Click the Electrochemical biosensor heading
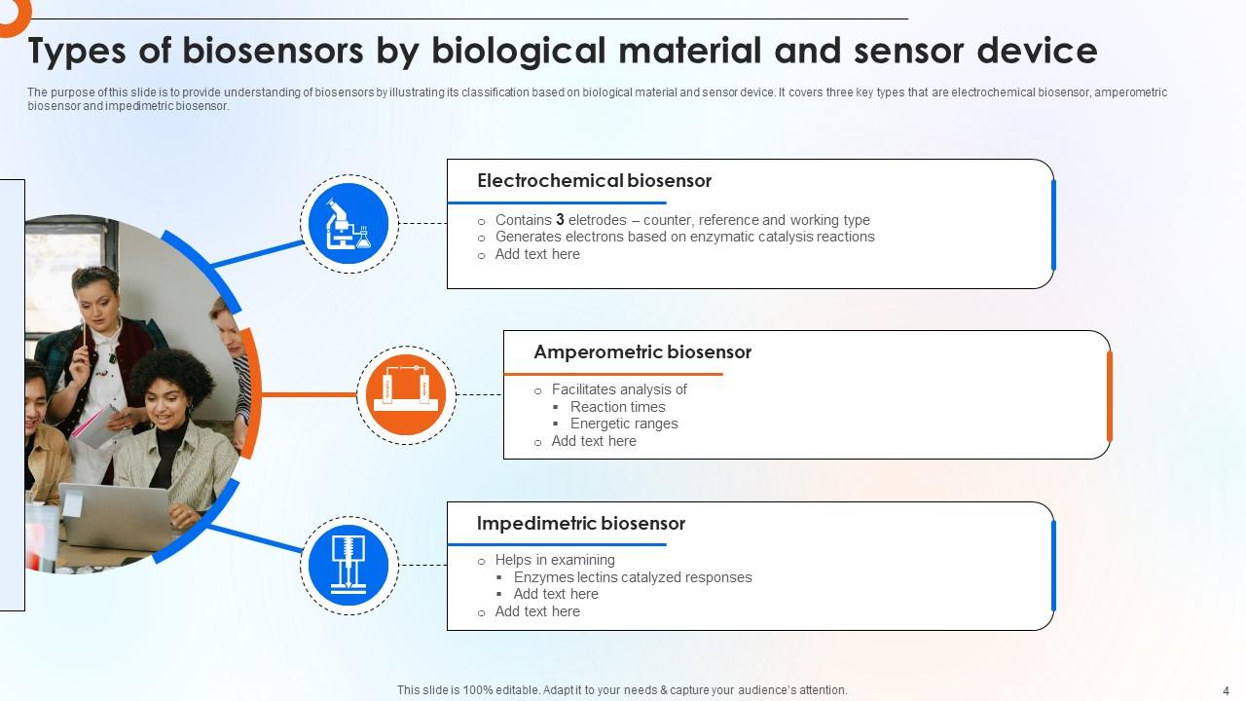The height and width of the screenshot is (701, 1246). point(594,181)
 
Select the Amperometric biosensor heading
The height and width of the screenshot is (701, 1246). point(642,352)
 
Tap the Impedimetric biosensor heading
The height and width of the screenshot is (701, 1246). point(581,524)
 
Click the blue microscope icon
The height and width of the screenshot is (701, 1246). point(348,223)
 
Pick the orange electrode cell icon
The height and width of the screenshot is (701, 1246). point(405,394)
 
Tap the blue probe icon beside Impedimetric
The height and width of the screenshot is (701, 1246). point(348,565)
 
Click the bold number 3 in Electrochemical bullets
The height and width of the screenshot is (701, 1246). point(560,220)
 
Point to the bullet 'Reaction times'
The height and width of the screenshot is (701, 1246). point(617,407)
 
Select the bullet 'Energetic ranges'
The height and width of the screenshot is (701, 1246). point(624,424)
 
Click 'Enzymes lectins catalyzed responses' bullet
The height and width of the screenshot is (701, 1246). point(633,577)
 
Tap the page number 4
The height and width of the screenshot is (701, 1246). point(1226,689)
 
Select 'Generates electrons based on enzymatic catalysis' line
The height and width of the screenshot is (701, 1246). point(684,237)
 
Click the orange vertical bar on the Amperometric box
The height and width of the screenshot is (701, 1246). point(1109,395)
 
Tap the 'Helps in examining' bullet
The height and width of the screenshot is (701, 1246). point(554,560)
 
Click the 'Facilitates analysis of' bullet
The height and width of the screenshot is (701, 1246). point(618,389)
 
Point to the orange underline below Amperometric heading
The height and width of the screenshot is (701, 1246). point(613,374)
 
